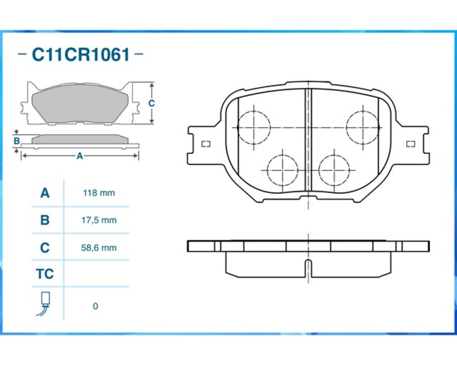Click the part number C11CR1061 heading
[x=80, y=54]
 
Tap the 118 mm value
[x=99, y=193]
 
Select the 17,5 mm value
[x=99, y=220]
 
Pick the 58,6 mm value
[x=99, y=248]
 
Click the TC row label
[x=45, y=274]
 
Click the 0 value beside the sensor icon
[x=95, y=306]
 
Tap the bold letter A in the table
[x=45, y=193]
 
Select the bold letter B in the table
[x=45, y=220]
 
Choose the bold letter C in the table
[x=45, y=248]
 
